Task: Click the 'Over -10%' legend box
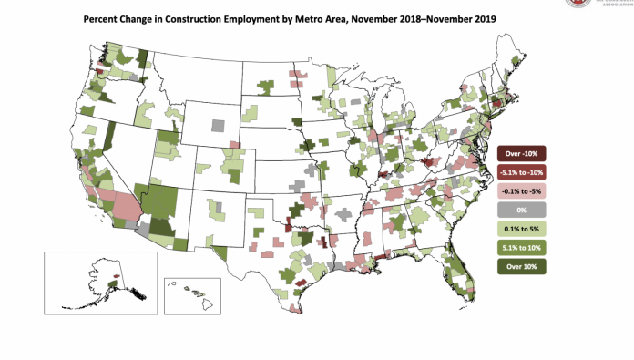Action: pos(521,152)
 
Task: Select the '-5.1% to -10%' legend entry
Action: pos(521,171)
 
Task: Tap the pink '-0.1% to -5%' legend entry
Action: pos(521,190)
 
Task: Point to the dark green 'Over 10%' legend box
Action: pos(521,266)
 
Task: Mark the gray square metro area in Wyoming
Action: pos(218,123)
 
